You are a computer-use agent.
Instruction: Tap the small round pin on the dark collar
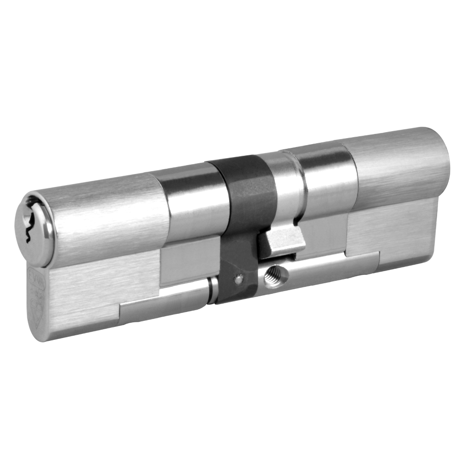click(x=239, y=279)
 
